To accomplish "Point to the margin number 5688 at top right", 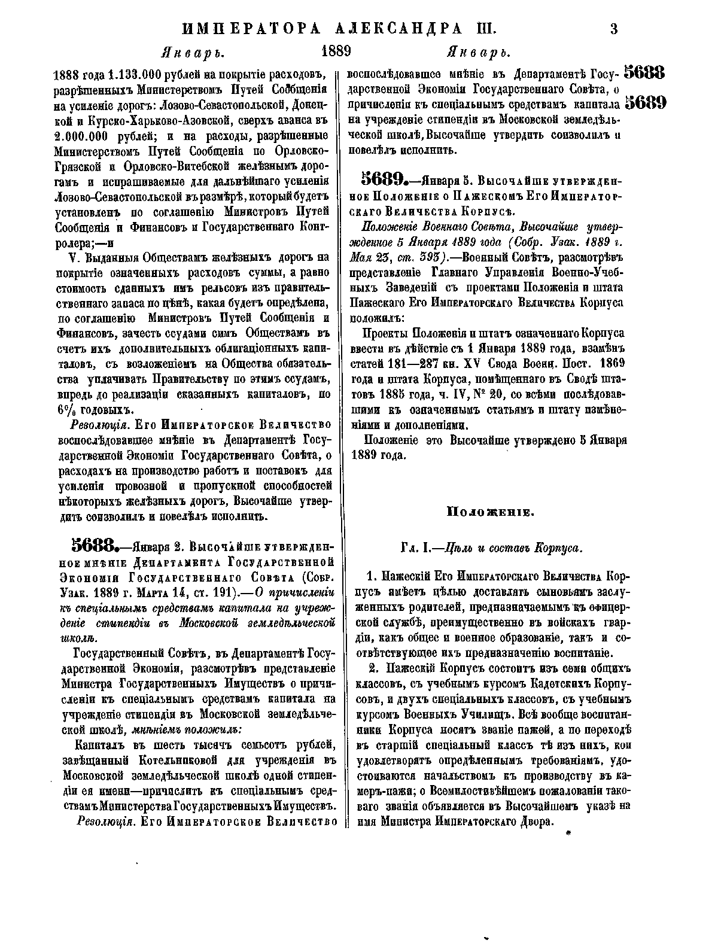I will (x=644, y=73).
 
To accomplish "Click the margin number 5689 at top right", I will (x=644, y=103).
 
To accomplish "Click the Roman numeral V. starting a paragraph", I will (x=75, y=258).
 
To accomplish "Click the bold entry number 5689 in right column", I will (x=385, y=179).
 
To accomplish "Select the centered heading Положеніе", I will (x=488, y=512).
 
